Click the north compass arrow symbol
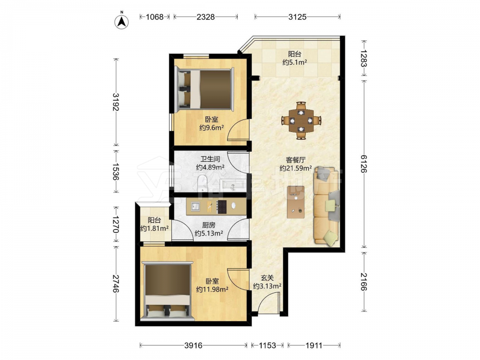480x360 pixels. pos(121,22)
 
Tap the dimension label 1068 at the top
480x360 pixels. pos(155,17)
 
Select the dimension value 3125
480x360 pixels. pos(297,17)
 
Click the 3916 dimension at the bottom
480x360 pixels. pos(193,345)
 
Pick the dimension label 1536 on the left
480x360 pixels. pos(115,171)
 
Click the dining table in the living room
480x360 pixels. pos(301,120)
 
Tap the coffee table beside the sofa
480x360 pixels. pos(296,202)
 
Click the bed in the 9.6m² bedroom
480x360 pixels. pos(204,89)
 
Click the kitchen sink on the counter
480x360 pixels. pos(195,206)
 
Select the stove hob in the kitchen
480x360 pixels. pos(222,206)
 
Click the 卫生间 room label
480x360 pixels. pos(210,159)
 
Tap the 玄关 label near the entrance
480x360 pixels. pos(267,278)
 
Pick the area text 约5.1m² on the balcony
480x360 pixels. pos(295,62)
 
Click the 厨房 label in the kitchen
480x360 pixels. pos(209,225)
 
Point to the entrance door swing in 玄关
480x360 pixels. pos(268,302)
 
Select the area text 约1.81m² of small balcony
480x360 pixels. pos(155,228)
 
